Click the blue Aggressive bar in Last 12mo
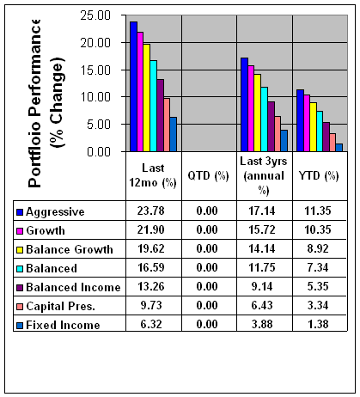point(133,87)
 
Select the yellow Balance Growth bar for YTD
point(314,127)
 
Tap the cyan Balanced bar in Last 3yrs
point(265,119)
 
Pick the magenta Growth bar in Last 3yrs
point(251,108)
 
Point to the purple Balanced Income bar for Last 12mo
point(161,115)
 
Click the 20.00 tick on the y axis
point(95,43)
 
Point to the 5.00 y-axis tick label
point(99,125)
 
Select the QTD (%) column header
point(208,175)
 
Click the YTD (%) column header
point(319,175)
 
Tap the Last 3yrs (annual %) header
point(264,175)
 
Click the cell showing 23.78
point(151,211)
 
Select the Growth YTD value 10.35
point(318,229)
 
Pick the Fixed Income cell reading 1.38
point(318,324)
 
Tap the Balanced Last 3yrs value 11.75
point(262,267)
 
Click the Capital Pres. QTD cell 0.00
point(207,305)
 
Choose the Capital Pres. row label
point(60,306)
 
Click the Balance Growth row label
point(70,249)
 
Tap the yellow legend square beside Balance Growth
point(20,250)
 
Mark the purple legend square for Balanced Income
point(20,288)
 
